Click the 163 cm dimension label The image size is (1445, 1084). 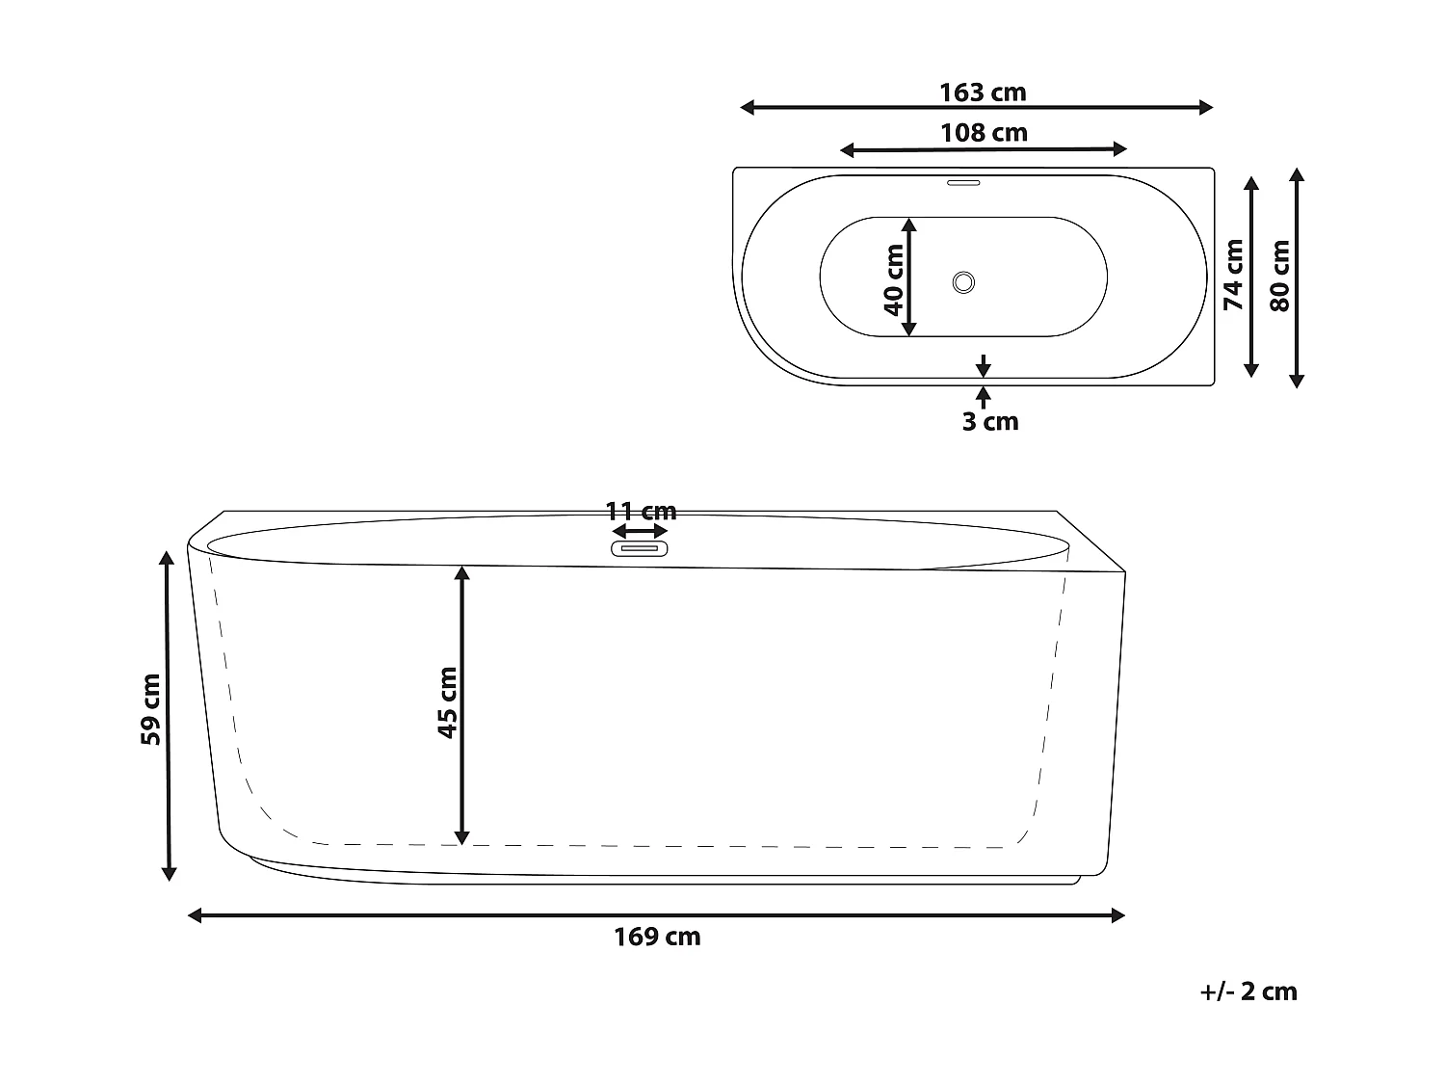983,93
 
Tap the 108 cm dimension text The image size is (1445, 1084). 984,133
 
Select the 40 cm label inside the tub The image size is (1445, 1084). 893,279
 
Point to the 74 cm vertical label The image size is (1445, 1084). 1233,275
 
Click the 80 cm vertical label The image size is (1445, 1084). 1279,276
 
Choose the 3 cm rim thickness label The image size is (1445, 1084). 990,421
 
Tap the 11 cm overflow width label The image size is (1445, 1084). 641,511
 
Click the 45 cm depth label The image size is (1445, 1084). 448,702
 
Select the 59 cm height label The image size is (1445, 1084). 150,709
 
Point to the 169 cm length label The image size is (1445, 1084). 657,937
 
